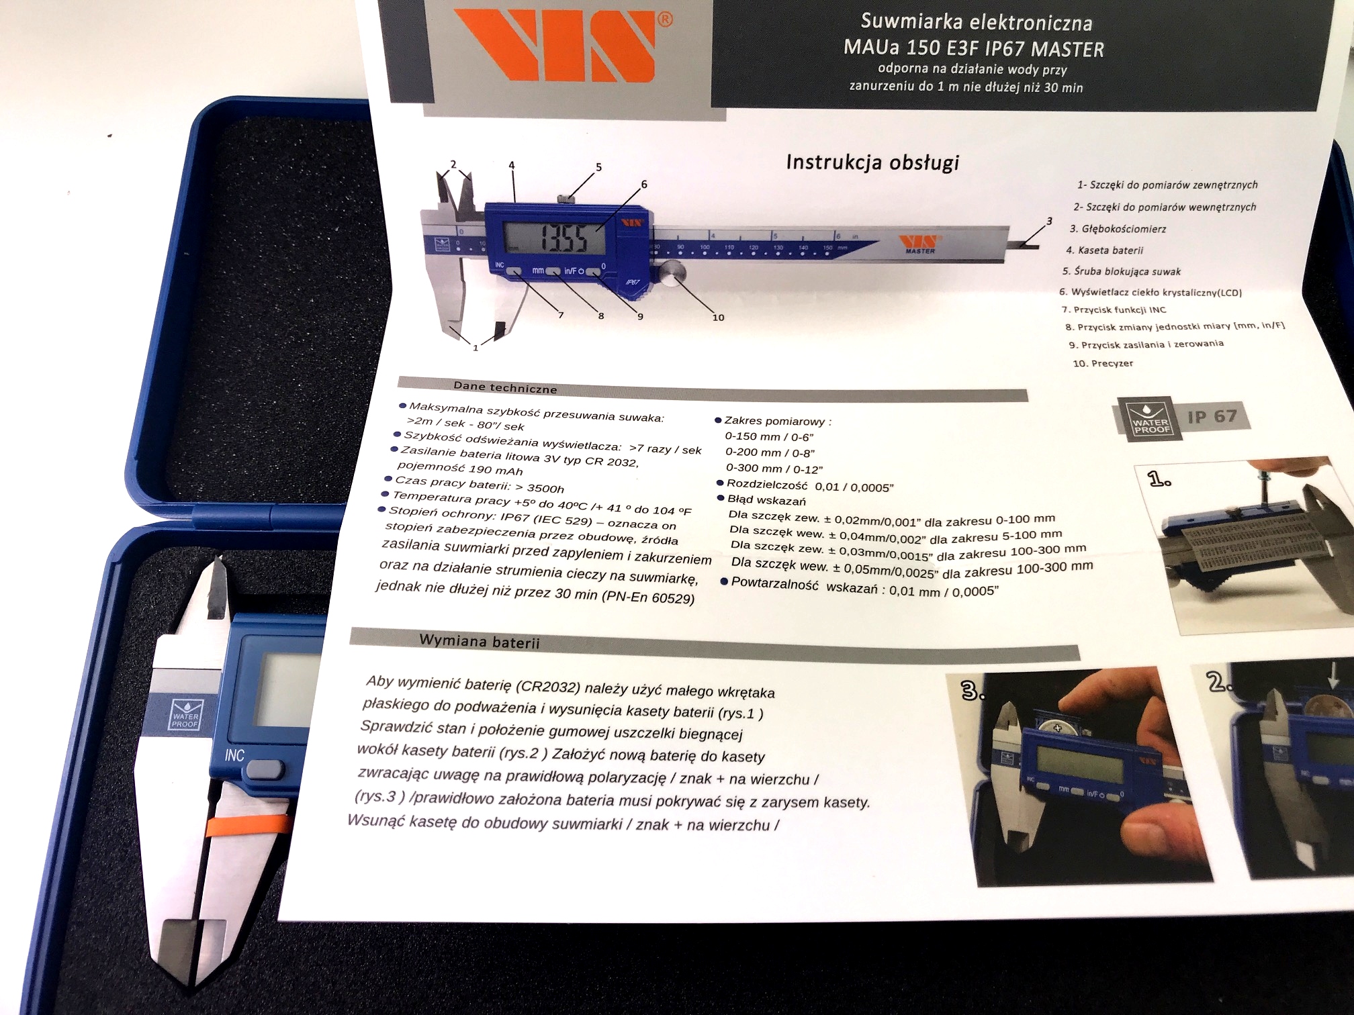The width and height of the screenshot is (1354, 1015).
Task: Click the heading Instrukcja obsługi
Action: pos(872,162)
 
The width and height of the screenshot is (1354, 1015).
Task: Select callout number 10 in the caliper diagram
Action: pos(718,318)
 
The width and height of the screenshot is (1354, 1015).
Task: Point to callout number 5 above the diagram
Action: pos(598,167)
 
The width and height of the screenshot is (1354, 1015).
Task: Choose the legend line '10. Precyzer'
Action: pos(1103,363)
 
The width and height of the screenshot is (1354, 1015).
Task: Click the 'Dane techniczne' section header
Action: pos(505,387)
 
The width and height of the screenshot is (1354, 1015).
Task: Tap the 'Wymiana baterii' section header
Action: pos(479,641)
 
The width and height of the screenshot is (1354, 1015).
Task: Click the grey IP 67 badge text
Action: pos(1212,417)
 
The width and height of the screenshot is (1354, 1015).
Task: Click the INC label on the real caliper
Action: pos(234,755)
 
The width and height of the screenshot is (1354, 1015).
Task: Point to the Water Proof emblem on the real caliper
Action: pos(185,716)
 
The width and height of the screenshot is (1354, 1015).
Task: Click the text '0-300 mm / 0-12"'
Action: pos(774,469)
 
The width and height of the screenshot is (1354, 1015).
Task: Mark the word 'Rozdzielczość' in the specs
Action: pos(766,484)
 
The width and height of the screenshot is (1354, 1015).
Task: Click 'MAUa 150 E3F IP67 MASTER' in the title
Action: pos(973,48)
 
